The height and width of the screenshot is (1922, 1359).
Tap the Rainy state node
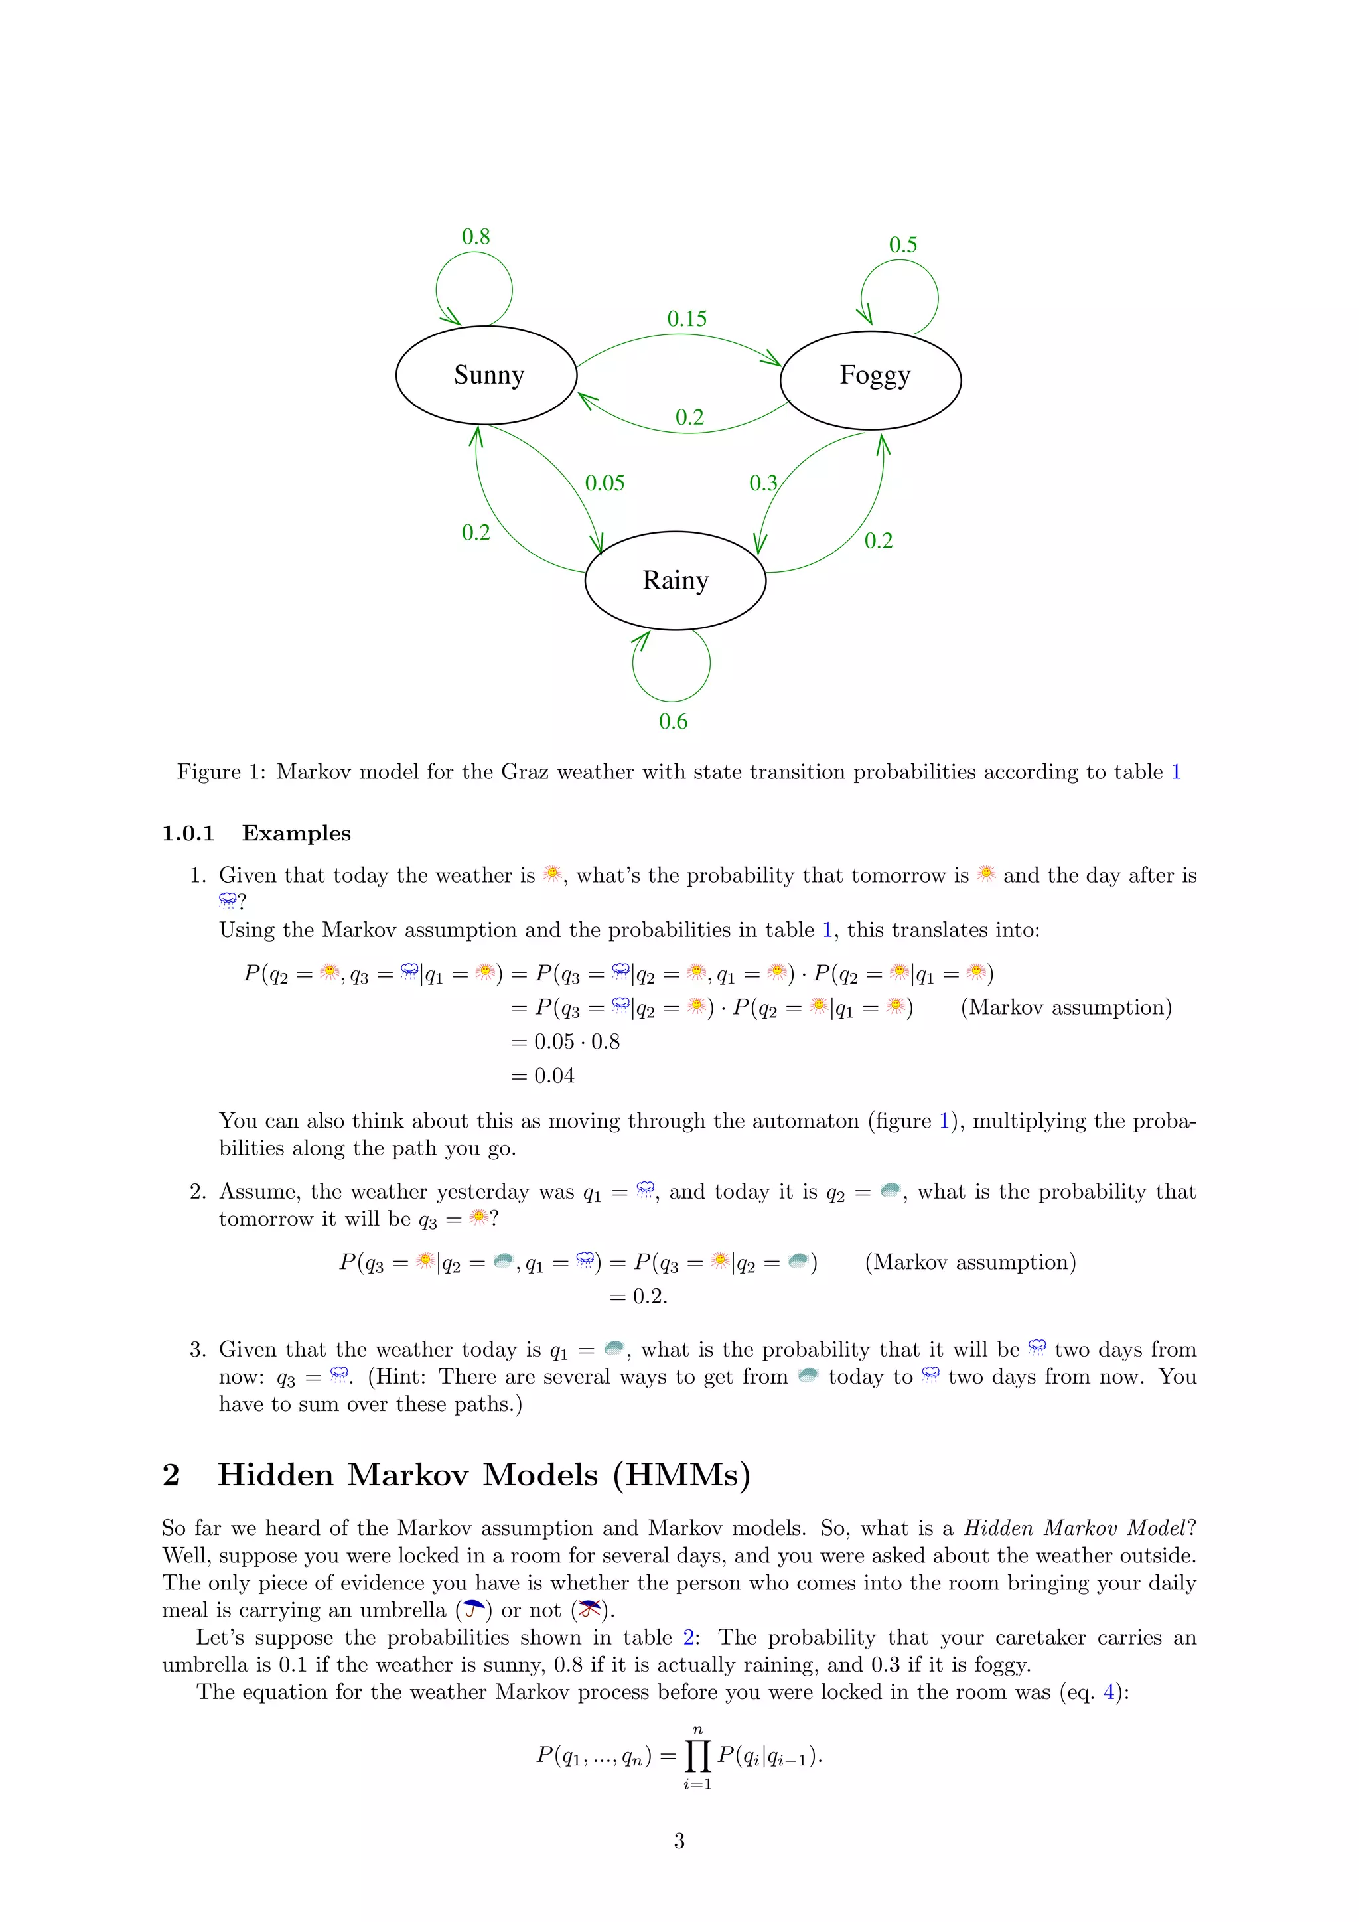coord(676,580)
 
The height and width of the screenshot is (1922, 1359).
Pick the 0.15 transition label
coord(687,319)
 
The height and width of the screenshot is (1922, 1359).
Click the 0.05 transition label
coord(605,483)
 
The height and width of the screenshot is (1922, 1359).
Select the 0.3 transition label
coord(762,483)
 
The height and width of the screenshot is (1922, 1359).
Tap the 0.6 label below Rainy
coord(673,721)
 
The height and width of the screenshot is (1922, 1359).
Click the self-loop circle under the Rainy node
coord(672,666)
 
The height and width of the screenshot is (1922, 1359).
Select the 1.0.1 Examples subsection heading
coord(256,834)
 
